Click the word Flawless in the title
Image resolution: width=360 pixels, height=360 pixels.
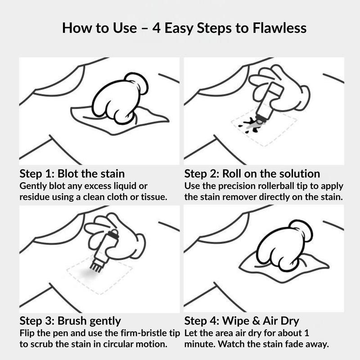point(279,28)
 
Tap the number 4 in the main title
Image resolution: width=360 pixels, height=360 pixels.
point(156,28)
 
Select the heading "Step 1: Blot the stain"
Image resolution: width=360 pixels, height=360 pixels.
point(72,174)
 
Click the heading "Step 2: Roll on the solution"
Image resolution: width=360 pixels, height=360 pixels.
point(252,174)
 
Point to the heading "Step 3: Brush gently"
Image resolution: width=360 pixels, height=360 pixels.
point(70,321)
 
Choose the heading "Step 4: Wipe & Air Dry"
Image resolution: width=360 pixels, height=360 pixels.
point(242,321)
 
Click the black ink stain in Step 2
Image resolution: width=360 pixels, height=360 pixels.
point(251,126)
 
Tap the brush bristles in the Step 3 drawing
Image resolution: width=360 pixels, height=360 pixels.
point(96,267)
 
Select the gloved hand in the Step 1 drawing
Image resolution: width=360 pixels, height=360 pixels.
point(119,98)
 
